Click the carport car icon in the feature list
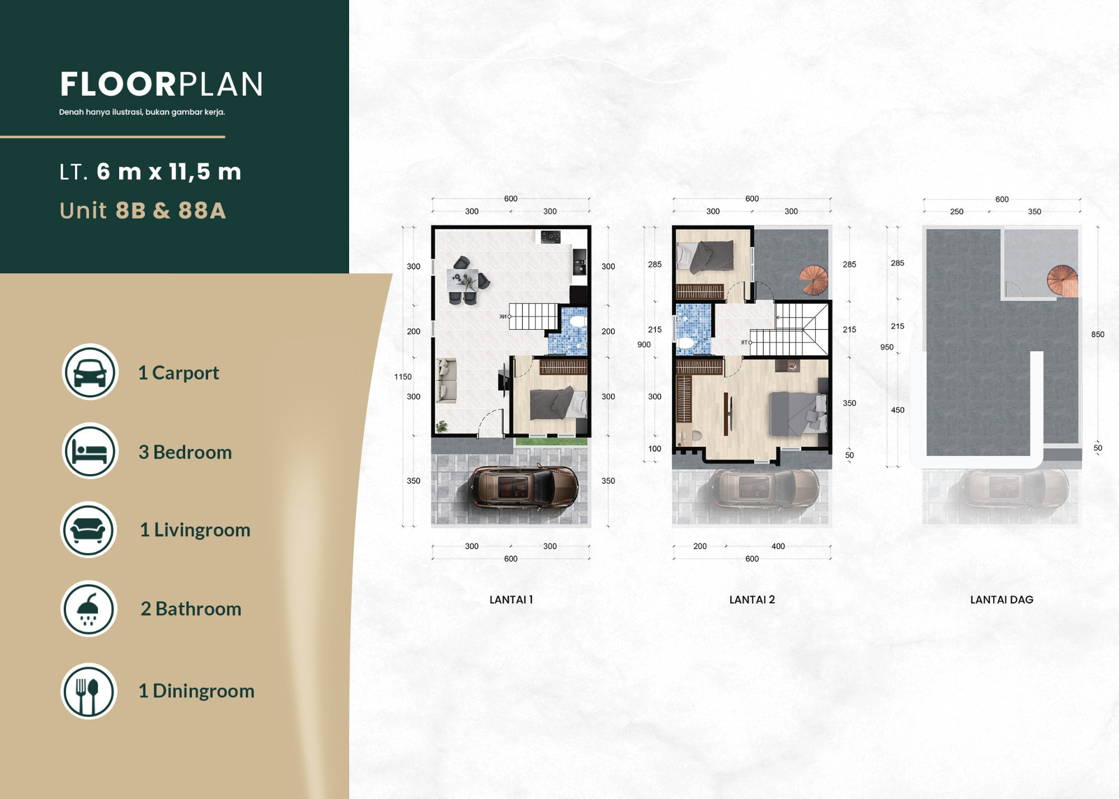(x=90, y=372)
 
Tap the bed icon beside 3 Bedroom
(x=90, y=451)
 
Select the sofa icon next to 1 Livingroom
(x=88, y=529)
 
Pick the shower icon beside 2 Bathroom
(x=88, y=608)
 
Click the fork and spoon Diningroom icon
(x=88, y=691)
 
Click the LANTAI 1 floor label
(x=511, y=600)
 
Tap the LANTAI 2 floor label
(x=752, y=600)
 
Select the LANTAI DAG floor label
(x=1002, y=600)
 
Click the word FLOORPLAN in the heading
(x=161, y=84)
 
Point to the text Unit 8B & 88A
(x=143, y=211)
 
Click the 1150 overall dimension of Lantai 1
(x=403, y=377)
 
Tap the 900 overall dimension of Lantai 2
(x=644, y=344)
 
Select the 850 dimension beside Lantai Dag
(x=1098, y=334)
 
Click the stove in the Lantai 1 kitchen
(x=551, y=237)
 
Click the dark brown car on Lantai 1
(x=524, y=486)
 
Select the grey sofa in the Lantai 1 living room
(x=446, y=380)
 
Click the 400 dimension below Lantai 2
(x=778, y=546)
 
